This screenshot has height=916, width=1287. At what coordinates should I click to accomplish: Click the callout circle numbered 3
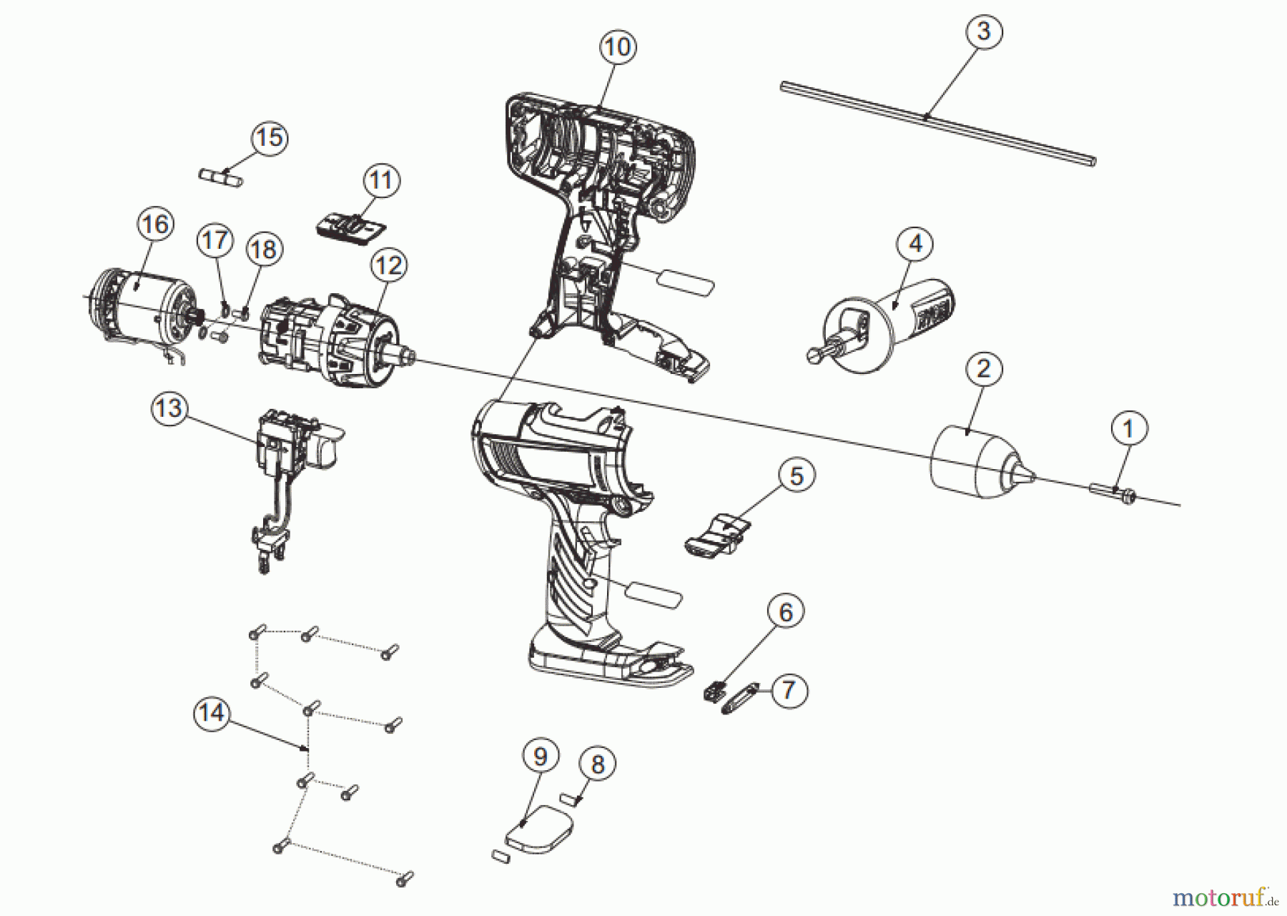984,31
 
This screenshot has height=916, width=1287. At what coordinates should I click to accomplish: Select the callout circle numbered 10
617,47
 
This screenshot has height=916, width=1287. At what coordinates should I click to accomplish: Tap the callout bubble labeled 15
270,137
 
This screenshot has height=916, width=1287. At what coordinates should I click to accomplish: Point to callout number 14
212,713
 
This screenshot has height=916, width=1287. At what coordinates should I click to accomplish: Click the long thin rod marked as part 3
937,123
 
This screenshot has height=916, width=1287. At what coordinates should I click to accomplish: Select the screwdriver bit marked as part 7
739,699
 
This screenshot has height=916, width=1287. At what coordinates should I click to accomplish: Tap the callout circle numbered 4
915,244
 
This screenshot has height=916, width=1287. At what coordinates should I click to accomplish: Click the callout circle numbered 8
598,764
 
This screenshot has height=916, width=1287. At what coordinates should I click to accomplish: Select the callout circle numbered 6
785,612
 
